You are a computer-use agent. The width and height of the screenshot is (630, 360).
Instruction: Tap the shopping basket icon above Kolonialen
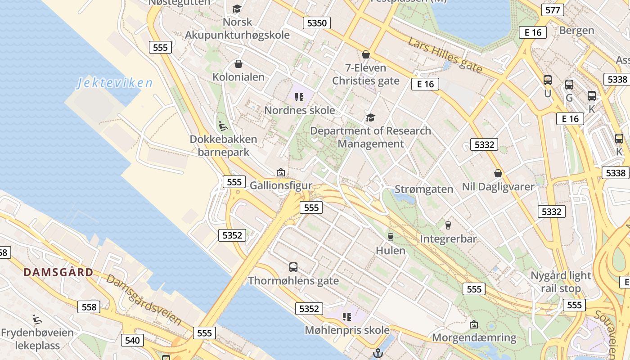click(238, 64)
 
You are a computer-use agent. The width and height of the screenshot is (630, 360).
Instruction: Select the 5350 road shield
click(317, 23)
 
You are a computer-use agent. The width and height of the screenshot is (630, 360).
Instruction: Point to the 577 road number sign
click(552, 10)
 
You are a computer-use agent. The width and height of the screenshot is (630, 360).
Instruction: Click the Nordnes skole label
click(299, 110)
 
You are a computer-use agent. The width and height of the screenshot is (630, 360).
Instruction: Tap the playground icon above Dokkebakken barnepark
click(223, 126)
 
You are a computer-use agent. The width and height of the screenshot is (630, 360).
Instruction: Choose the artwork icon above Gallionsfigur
click(281, 172)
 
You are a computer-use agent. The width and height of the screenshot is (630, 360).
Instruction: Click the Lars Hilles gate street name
click(445, 55)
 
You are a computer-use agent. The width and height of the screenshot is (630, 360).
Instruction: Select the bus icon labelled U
click(548, 80)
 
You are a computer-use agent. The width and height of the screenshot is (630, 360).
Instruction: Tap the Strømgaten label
click(424, 189)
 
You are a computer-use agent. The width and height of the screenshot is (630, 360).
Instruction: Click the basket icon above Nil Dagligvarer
click(498, 173)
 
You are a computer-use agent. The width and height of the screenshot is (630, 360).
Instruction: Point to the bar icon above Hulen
click(391, 237)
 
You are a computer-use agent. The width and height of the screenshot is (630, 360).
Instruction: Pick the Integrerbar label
click(448, 239)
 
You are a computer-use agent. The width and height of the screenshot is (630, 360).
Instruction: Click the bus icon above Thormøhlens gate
click(293, 267)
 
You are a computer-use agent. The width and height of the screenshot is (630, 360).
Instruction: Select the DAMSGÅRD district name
click(58, 272)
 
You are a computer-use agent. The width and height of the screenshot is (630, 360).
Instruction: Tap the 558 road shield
click(89, 307)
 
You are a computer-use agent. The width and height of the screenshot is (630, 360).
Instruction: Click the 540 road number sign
click(132, 340)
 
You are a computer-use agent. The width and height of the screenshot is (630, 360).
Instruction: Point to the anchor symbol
click(378, 353)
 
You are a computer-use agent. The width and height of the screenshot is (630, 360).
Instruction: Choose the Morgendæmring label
click(474, 337)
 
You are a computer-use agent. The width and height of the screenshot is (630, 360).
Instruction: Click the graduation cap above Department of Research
click(370, 118)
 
